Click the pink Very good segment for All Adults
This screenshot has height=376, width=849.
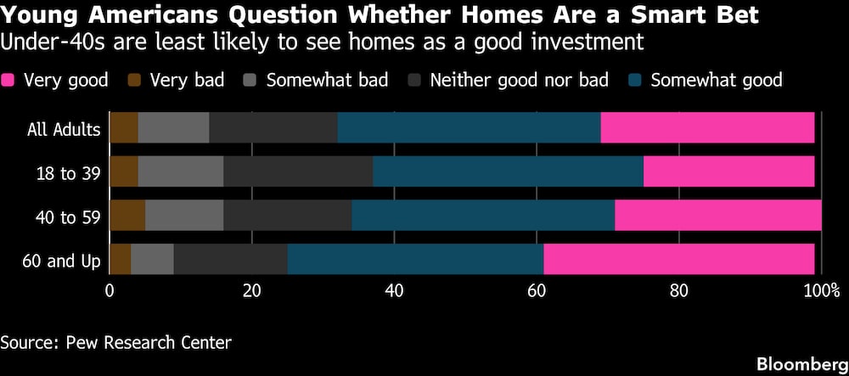click(x=707, y=127)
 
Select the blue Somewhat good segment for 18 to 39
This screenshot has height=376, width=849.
click(x=508, y=171)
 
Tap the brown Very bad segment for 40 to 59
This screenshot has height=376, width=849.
click(x=127, y=216)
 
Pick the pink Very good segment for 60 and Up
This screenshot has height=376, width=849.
click(x=679, y=259)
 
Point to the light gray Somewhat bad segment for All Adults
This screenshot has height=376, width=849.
click(x=174, y=127)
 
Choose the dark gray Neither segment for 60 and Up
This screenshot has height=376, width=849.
click(x=231, y=259)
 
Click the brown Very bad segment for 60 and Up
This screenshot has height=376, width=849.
click(x=121, y=259)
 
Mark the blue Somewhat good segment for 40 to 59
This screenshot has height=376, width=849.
click(x=483, y=216)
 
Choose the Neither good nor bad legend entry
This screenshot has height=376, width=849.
click(x=508, y=81)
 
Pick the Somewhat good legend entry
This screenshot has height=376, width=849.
click(x=706, y=81)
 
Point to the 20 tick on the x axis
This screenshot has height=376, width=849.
click(x=252, y=290)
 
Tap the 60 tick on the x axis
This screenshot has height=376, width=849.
click(x=537, y=290)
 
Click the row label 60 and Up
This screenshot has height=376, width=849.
click(x=62, y=261)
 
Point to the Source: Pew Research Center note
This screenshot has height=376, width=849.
click(x=115, y=342)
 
